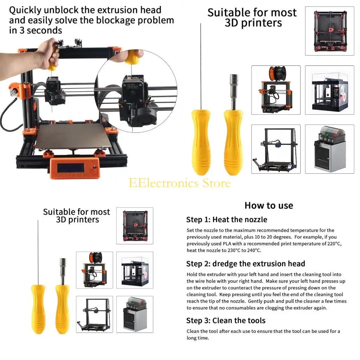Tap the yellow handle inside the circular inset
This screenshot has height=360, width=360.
coord(134,57)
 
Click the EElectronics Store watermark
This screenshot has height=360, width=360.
coord(180,183)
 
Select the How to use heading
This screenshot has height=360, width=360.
coord(269,205)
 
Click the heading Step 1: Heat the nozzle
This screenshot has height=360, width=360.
coord(227,220)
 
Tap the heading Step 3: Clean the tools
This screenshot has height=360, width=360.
coord(226,321)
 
